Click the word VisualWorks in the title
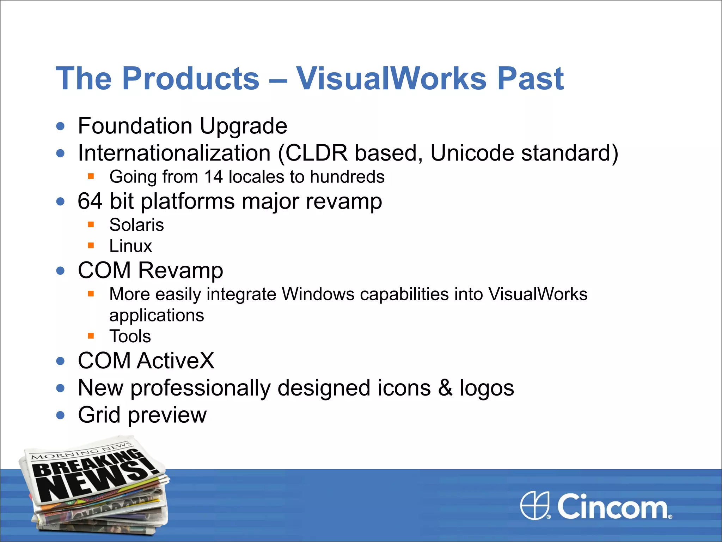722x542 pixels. (x=391, y=78)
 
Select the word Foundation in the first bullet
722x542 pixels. (x=135, y=126)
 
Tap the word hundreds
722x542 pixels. (x=347, y=177)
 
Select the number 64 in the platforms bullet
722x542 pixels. (x=90, y=201)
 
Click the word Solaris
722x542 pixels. (x=136, y=225)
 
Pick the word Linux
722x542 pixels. (x=130, y=246)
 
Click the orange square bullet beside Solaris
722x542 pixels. (x=91, y=224)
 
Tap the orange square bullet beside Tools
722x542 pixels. (x=91, y=336)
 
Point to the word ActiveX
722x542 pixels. (x=176, y=361)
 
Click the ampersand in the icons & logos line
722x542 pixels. (x=445, y=388)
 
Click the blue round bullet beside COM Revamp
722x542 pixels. (x=61, y=271)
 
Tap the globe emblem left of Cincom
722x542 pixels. (x=535, y=505)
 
